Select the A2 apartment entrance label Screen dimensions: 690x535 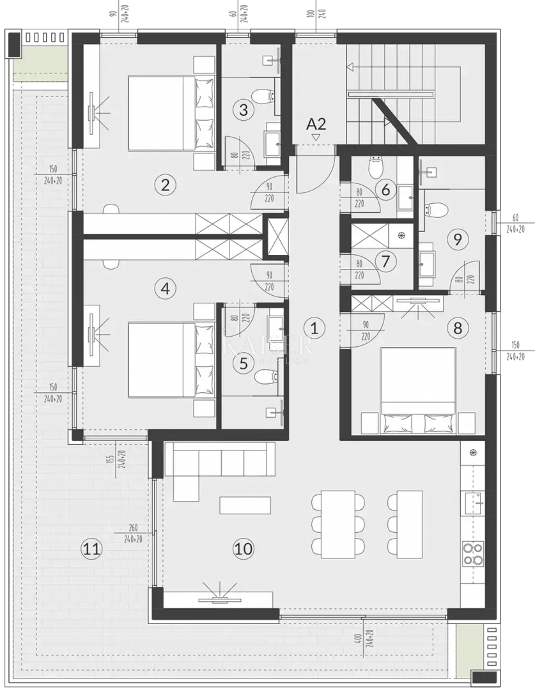(x=316, y=123)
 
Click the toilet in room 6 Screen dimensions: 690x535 (x=376, y=169)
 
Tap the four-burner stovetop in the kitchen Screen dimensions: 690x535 (x=473, y=554)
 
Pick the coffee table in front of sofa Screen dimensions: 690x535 (x=245, y=505)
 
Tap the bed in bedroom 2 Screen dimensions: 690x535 (x=169, y=113)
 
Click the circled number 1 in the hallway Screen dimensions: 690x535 (x=314, y=328)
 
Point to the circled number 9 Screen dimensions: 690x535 (x=457, y=240)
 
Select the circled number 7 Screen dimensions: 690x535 (x=385, y=261)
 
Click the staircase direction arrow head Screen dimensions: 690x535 (x=350, y=67)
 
